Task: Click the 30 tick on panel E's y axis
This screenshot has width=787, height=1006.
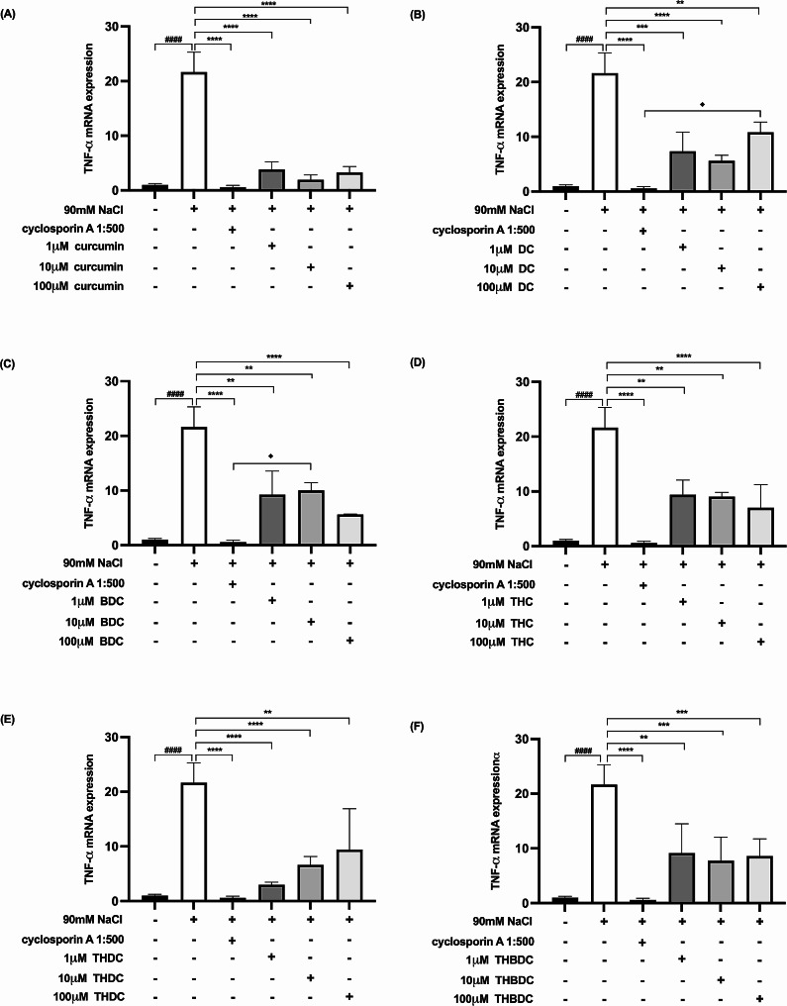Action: (141, 737)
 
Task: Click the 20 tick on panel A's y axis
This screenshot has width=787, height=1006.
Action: (141, 81)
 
